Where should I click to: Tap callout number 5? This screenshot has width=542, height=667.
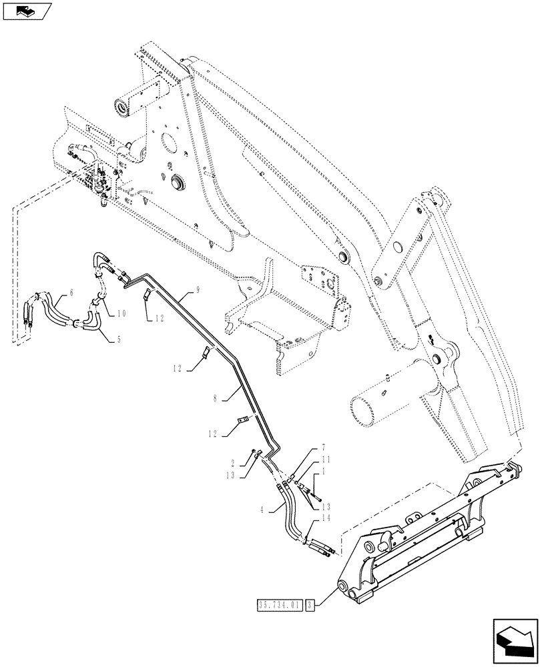click(x=119, y=340)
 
